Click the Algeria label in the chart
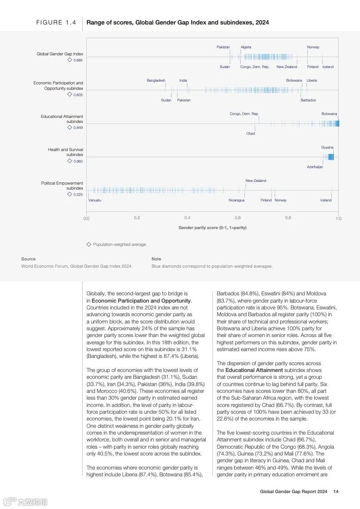point(246,47)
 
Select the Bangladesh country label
point(156,80)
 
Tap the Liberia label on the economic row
point(311,80)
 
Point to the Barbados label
point(308,100)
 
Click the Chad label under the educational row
point(250,133)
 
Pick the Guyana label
point(327,147)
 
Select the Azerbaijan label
point(315,167)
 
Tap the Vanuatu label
point(94,200)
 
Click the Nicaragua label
point(236,200)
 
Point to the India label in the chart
point(183,80)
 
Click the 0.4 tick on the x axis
point(187,218)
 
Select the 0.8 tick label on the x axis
point(288,218)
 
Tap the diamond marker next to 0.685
point(69,60)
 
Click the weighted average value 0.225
point(78,195)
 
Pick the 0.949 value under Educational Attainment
point(78,127)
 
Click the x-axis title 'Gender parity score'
point(212,228)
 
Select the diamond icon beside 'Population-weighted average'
point(89,244)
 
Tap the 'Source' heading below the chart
point(28,259)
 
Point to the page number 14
point(335,491)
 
